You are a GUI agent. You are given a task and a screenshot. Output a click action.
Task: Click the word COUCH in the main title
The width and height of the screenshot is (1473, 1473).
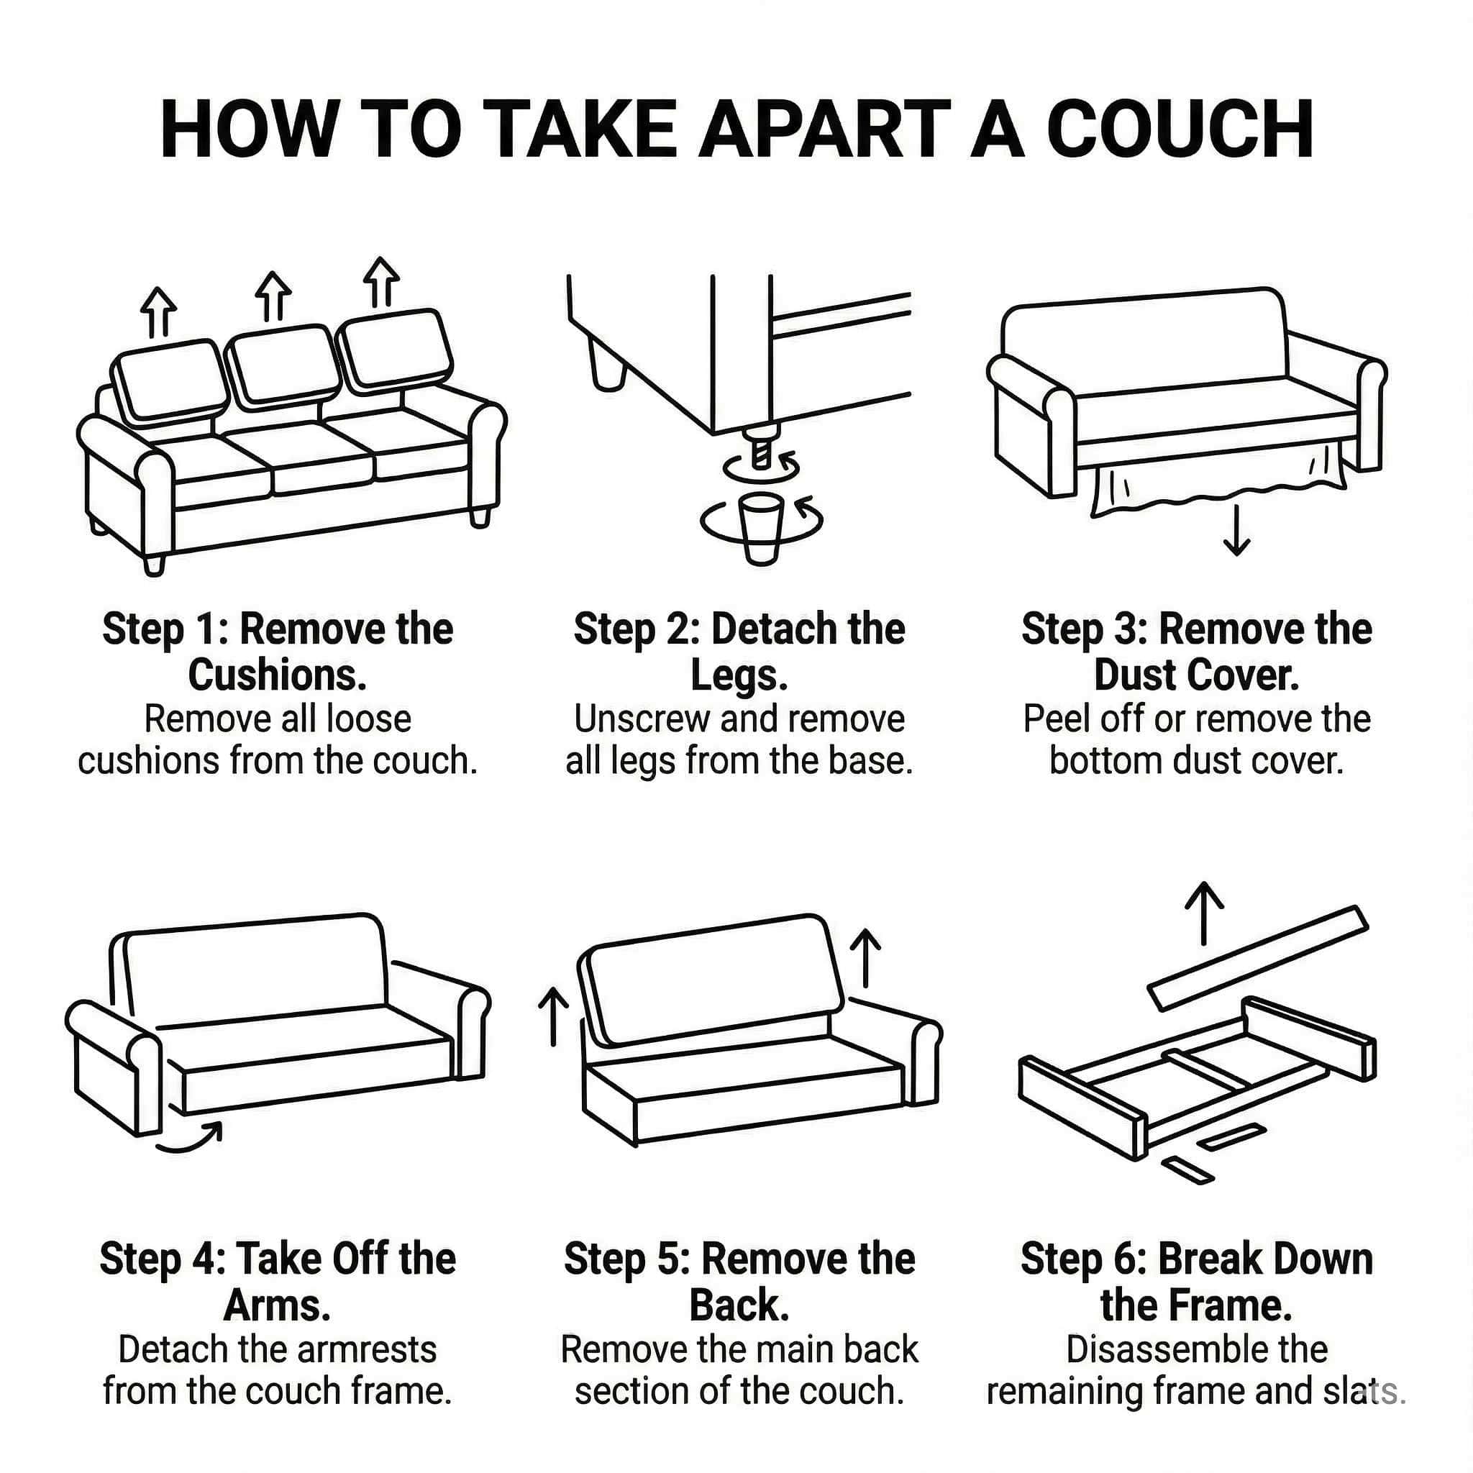point(1181,129)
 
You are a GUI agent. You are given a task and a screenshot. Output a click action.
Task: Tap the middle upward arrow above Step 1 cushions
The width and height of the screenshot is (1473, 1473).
point(273,296)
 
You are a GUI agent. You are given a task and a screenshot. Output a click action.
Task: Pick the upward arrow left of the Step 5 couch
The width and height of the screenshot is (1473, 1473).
point(554,1017)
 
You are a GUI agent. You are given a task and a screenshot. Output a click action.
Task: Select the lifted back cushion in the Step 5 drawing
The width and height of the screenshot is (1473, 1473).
point(711,979)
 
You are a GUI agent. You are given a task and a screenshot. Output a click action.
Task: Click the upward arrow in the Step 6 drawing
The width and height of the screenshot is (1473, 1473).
point(1204,913)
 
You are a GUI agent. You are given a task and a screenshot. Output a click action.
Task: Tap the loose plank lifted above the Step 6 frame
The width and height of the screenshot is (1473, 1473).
point(1258,957)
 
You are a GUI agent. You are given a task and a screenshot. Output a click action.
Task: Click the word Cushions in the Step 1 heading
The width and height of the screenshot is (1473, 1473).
point(278,675)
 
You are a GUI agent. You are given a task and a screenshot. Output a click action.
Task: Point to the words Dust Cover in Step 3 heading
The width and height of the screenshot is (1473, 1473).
point(1196,675)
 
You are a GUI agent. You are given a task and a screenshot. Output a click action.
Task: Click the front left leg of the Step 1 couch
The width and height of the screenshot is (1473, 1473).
point(154,563)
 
